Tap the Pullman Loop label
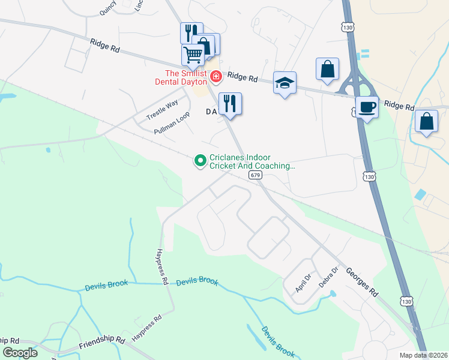click(172, 122)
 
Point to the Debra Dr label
click(328, 276)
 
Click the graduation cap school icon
click(285, 83)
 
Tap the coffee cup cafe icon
click(367, 107)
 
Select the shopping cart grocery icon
click(193, 55)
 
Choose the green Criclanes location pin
click(200, 160)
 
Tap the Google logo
click(20, 353)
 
